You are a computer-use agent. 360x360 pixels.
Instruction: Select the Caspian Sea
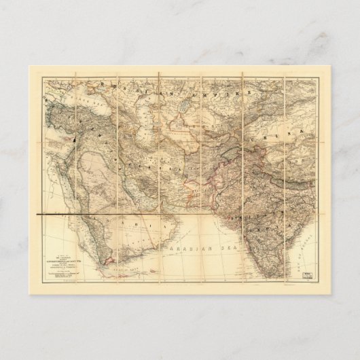click(x=140, y=111)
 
